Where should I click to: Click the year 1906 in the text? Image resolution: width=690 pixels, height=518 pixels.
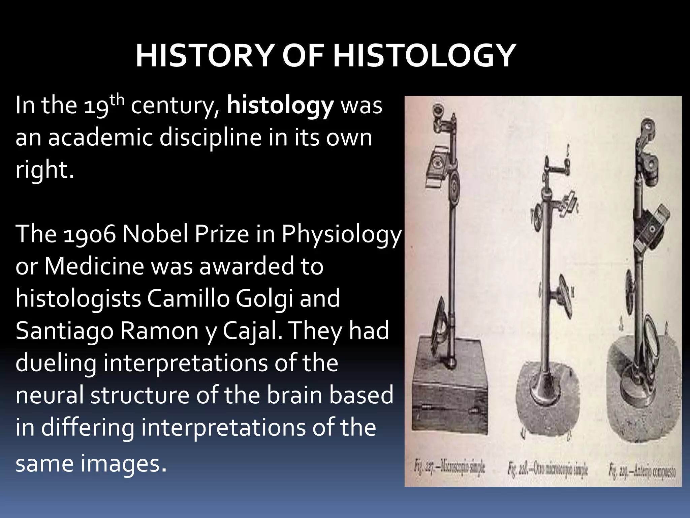point(90,234)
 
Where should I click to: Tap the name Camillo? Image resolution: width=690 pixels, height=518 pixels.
point(188,299)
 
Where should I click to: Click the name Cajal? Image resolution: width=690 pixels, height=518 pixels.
point(252,330)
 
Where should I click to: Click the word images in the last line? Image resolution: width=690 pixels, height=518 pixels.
point(123,464)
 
